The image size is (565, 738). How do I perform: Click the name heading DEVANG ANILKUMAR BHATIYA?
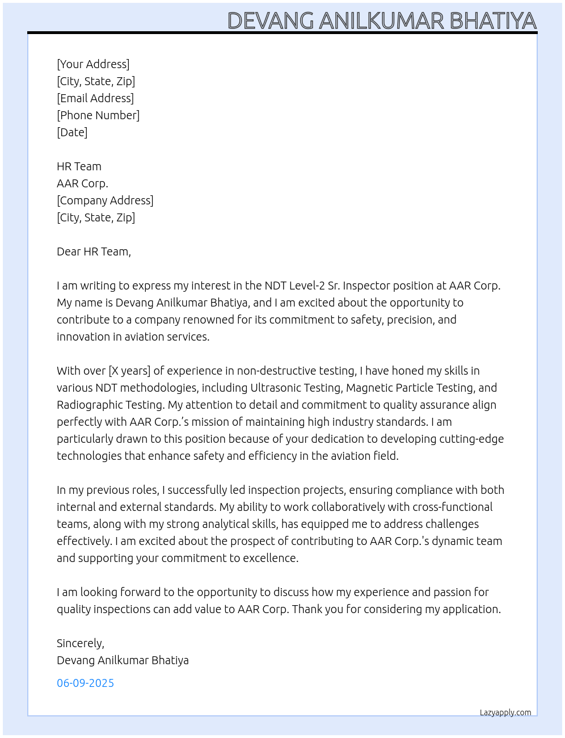click(382, 21)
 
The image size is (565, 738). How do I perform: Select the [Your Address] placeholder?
click(93, 64)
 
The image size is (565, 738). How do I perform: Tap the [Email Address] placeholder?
click(95, 98)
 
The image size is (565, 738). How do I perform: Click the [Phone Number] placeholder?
click(98, 115)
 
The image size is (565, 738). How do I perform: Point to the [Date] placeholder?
click(72, 132)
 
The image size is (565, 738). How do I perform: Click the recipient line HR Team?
click(79, 166)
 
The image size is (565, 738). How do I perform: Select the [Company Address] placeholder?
click(105, 200)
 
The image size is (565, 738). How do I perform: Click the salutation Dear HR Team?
click(94, 251)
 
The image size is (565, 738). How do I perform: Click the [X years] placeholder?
click(129, 371)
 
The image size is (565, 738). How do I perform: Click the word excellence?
click(270, 558)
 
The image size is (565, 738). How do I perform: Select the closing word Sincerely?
click(81, 643)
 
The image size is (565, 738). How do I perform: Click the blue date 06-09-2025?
click(85, 683)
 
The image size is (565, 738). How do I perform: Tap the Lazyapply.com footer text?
click(505, 712)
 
